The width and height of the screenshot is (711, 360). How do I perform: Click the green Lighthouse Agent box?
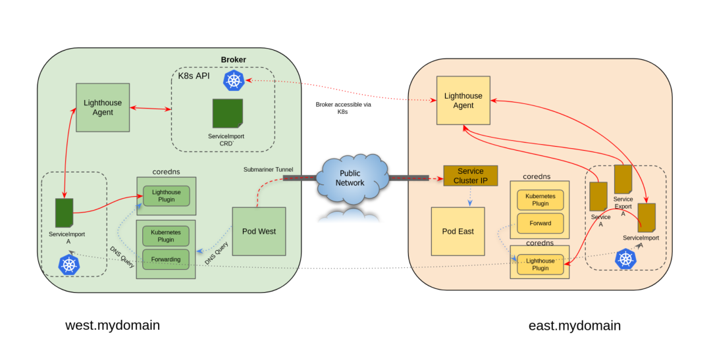(102, 108)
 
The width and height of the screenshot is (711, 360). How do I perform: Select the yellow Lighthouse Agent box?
(463, 100)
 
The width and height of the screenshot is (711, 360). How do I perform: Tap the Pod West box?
(259, 231)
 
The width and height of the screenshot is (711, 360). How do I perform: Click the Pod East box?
(458, 231)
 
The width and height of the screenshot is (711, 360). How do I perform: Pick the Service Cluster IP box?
(470, 176)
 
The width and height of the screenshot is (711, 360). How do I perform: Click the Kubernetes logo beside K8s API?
(234, 80)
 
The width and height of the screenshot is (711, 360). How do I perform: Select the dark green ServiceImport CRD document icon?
(227, 113)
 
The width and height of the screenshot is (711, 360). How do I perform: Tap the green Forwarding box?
(165, 259)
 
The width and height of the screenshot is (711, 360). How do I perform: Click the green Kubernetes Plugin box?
(165, 236)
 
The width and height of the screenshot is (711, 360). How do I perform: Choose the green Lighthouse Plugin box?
(166, 196)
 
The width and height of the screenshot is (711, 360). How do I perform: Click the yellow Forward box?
(540, 223)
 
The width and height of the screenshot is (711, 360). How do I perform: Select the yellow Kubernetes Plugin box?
(540, 200)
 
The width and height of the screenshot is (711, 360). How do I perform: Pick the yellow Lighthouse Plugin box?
(540, 265)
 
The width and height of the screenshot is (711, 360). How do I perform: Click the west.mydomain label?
(113, 325)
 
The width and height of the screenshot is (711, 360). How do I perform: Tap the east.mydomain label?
(575, 326)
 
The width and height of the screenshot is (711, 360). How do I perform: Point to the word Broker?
(233, 60)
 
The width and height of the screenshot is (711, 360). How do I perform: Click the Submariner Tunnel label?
(268, 169)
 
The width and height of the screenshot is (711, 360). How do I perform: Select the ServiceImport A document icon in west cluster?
(64, 213)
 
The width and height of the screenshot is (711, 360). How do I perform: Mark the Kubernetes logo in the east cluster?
(625, 259)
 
